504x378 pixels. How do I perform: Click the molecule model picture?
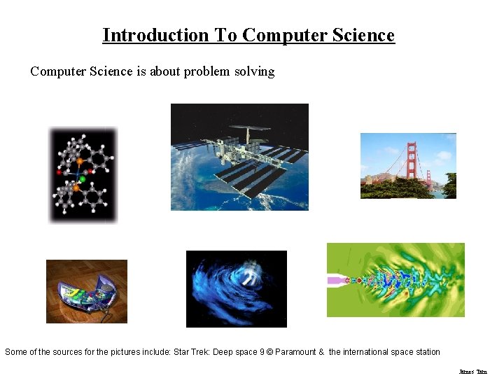tap(83, 175)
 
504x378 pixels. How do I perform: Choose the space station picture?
tap(239, 157)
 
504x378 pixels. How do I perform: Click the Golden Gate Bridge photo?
tap(408, 166)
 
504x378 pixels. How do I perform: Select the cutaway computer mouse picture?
tap(87, 291)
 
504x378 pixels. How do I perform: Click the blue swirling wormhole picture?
tap(237, 288)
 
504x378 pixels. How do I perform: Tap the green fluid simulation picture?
tap(395, 280)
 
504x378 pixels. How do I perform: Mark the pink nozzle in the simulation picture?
tap(339, 280)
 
